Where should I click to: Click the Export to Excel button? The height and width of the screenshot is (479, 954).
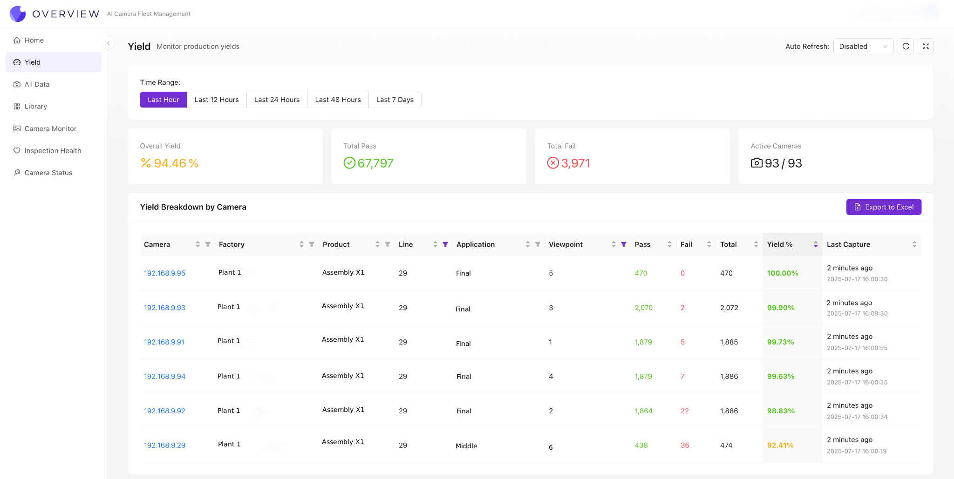pos(883,207)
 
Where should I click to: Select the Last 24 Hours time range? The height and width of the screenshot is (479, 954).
pos(277,100)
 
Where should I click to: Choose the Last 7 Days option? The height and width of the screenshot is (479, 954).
pos(395,100)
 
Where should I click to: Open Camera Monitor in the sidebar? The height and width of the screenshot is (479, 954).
pos(50,128)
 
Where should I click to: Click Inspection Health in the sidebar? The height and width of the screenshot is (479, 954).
pos(53,151)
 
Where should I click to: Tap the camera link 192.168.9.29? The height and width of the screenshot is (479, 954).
pos(164,445)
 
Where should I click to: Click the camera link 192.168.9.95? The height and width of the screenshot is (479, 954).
pos(164,273)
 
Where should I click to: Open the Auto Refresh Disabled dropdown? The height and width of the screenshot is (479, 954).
pos(863,47)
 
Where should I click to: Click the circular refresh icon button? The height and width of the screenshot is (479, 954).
pos(906,47)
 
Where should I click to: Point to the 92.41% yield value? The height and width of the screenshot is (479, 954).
pos(780,445)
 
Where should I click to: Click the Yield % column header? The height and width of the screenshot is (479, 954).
pos(780,244)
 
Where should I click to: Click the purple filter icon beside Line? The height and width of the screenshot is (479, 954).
pos(445,244)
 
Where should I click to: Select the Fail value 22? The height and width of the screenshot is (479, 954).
pos(684,411)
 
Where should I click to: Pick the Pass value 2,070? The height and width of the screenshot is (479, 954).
pos(643,308)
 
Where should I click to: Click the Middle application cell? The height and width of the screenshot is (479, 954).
pos(466,446)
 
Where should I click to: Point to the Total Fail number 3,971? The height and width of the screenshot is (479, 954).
pos(575,163)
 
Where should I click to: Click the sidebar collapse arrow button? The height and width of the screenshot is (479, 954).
pos(108,43)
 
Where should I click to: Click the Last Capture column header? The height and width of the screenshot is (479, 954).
pos(848,244)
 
